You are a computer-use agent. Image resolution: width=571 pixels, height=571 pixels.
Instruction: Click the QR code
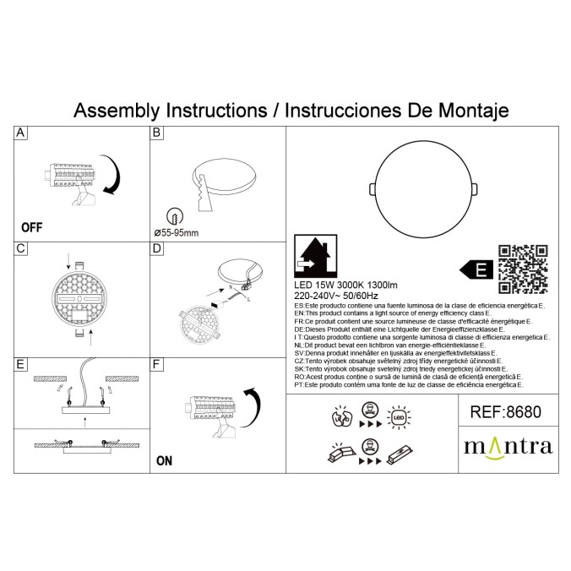523,268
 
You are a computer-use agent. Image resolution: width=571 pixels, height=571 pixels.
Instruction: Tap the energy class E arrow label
476,270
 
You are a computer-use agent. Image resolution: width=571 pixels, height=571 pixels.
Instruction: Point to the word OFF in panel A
31,227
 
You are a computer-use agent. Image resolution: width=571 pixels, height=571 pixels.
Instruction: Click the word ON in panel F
164,461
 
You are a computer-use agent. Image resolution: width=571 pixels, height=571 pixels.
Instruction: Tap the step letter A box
21,133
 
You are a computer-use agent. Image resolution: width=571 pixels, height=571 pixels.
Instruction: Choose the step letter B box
156,133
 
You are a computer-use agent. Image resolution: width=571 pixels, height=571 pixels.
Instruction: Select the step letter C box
21,248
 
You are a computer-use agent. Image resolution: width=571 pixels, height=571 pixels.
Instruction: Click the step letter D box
156,248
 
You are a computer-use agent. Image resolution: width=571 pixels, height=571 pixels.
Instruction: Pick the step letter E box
21,364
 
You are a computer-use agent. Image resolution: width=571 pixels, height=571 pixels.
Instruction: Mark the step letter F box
156,364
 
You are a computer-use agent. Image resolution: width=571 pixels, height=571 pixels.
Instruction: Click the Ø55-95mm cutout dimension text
177,232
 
